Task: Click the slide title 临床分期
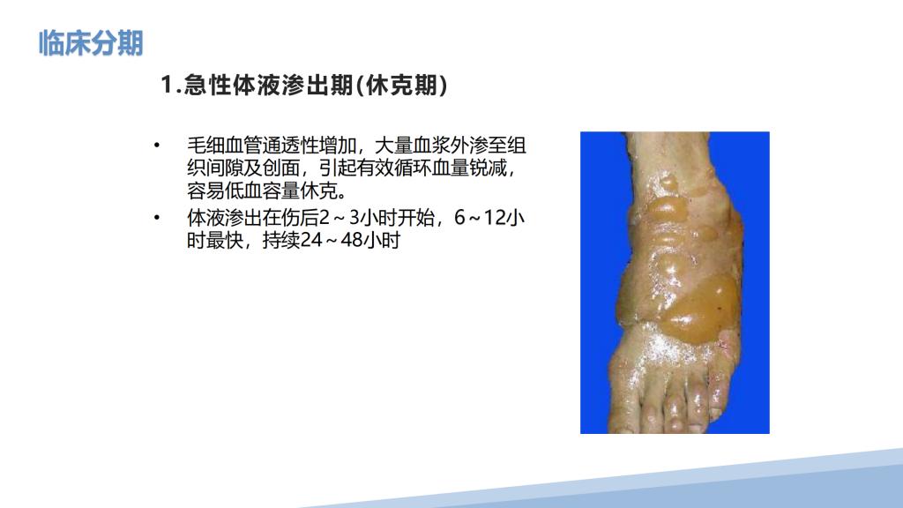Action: [x=91, y=43]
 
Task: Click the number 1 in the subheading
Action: [x=167, y=86]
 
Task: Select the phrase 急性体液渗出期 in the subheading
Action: [x=268, y=86]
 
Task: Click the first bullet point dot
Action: [x=157, y=146]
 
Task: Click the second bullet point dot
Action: [x=157, y=218]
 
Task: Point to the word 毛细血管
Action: [x=224, y=146]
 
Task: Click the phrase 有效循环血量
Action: [x=413, y=168]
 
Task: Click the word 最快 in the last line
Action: [x=224, y=241]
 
